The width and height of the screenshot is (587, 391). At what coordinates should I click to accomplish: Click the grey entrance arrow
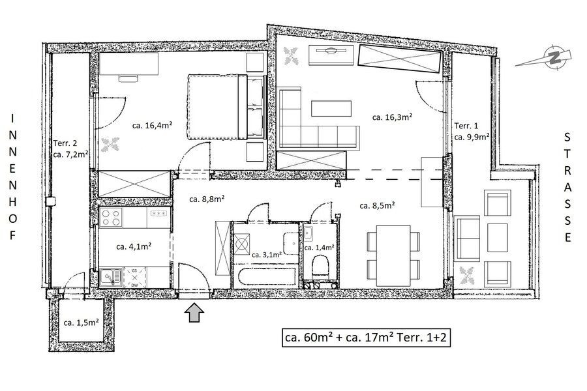pos(194,313)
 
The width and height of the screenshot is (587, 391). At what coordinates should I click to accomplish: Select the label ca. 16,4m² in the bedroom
pos(152,125)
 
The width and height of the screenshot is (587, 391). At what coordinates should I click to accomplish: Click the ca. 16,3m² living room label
pos(392,117)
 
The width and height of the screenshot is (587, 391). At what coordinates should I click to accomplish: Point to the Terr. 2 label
pos(65,143)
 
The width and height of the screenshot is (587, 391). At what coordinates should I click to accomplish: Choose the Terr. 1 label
pos(466,126)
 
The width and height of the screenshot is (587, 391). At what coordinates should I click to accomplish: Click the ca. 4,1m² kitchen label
pos(134,246)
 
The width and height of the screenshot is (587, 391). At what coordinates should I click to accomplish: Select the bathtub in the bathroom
pos(266,276)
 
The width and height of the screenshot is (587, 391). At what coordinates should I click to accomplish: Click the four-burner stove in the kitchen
pos(111,218)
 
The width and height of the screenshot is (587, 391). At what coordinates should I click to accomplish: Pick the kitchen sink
pos(111,277)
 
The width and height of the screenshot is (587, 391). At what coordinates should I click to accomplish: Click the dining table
pos(393,255)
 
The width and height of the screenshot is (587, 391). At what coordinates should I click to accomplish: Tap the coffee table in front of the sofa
pos(331,109)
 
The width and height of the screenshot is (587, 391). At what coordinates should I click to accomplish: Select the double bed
pos(217,107)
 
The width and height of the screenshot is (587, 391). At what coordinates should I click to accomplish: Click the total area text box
pos(366,338)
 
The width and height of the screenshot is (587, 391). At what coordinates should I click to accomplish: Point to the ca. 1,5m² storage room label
pos(81,322)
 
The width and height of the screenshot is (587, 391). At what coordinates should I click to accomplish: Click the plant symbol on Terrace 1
pos(466,276)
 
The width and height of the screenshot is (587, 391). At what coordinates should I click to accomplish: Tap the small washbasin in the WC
pos(308,233)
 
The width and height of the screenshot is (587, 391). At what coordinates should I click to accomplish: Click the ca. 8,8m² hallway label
pos(207,199)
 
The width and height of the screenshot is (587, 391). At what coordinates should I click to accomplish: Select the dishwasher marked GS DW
pos(135,277)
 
